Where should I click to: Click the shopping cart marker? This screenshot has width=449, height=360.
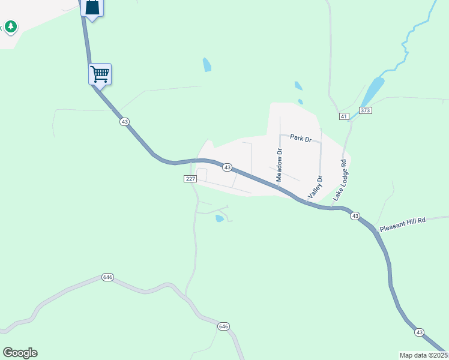point(100,74)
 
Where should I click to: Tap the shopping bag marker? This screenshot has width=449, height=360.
point(92,8)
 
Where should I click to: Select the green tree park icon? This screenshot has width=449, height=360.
point(10,26)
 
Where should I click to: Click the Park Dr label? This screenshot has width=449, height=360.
point(301,139)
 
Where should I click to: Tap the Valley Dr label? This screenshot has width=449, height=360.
point(315,187)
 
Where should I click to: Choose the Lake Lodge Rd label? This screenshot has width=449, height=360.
point(340,179)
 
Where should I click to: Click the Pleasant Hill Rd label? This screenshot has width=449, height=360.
point(402,224)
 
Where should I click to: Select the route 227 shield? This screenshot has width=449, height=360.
point(190,179)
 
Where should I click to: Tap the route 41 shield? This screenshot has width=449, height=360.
point(343,116)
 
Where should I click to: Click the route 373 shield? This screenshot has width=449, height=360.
point(365,110)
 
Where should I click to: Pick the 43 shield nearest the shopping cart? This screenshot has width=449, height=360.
point(124,122)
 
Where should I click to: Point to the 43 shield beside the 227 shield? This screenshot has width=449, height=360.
point(228,167)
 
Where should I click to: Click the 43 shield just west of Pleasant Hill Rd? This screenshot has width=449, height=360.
point(355,216)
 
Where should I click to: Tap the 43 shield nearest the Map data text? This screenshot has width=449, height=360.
point(419,332)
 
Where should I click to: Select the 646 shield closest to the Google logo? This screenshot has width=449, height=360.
point(108,277)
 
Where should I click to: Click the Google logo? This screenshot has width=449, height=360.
point(20,353)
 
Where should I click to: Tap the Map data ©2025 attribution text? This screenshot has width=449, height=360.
point(424,355)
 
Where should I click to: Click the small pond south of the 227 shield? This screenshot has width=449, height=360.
point(219,218)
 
